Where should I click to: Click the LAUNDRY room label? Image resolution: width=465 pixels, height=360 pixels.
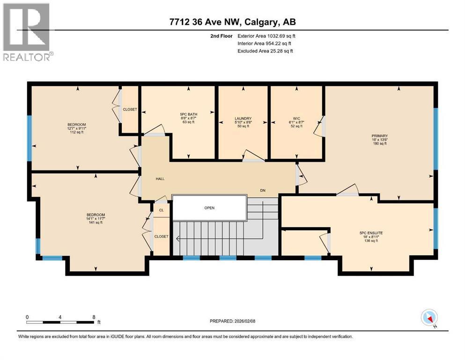(243, 118)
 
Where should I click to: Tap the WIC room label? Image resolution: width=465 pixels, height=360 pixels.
(295, 118)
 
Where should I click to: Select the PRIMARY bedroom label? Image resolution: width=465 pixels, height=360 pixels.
(380, 136)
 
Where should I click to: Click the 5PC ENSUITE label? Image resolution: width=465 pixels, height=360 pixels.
(370, 232)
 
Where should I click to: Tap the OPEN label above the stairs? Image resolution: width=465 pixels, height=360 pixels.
(209, 208)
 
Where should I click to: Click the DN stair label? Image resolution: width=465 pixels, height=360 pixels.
(263, 191)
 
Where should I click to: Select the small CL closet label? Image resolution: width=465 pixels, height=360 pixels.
(161, 210)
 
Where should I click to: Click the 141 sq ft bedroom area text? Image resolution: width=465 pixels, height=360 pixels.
(95, 223)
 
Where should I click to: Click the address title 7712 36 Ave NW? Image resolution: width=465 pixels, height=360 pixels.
(232, 22)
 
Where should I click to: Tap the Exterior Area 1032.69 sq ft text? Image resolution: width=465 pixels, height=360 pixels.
(266, 36)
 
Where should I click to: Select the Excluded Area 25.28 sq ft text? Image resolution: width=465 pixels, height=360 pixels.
(265, 51)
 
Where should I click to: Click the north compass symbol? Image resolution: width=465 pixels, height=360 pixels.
(429, 318)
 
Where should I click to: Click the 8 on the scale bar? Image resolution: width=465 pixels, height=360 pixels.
(94, 316)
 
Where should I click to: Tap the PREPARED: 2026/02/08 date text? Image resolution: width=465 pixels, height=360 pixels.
(232, 321)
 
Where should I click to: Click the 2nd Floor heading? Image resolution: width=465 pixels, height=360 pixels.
(222, 36)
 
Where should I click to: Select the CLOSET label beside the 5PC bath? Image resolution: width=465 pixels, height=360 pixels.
(130, 109)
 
